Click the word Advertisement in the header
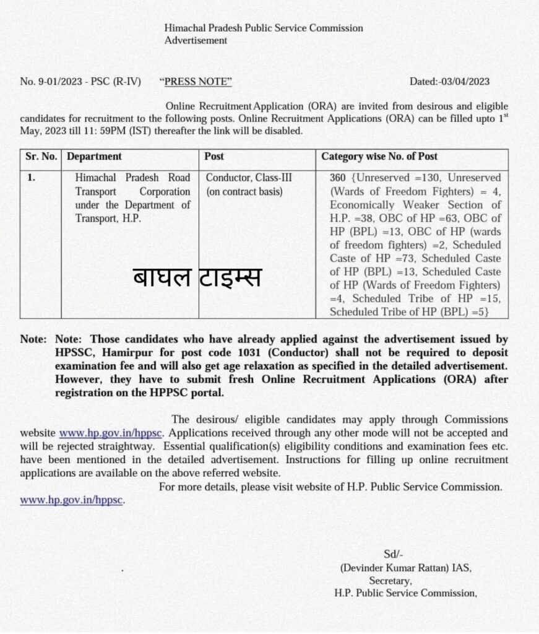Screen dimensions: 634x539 (196, 41)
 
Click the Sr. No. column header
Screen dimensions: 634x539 (40, 157)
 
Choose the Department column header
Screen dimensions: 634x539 (94, 157)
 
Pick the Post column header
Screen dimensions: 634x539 (214, 157)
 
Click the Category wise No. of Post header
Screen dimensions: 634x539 (379, 157)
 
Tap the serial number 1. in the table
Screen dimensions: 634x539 (32, 178)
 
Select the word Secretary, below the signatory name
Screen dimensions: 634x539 (390, 581)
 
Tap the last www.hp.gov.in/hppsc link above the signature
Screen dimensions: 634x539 (72, 500)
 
